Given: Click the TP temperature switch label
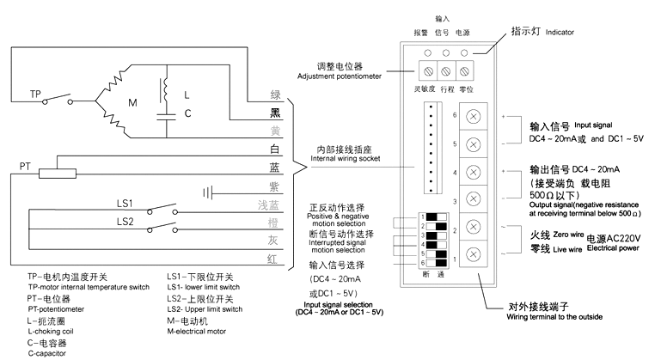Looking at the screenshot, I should click(36, 93).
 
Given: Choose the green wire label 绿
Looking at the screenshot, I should click(274, 95).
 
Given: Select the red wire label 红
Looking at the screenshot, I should click(274, 257).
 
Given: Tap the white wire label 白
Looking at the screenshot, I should click(274, 149).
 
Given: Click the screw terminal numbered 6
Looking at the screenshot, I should click(472, 116).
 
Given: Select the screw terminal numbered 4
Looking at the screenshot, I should click(472, 172).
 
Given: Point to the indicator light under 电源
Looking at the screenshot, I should click(465, 53).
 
